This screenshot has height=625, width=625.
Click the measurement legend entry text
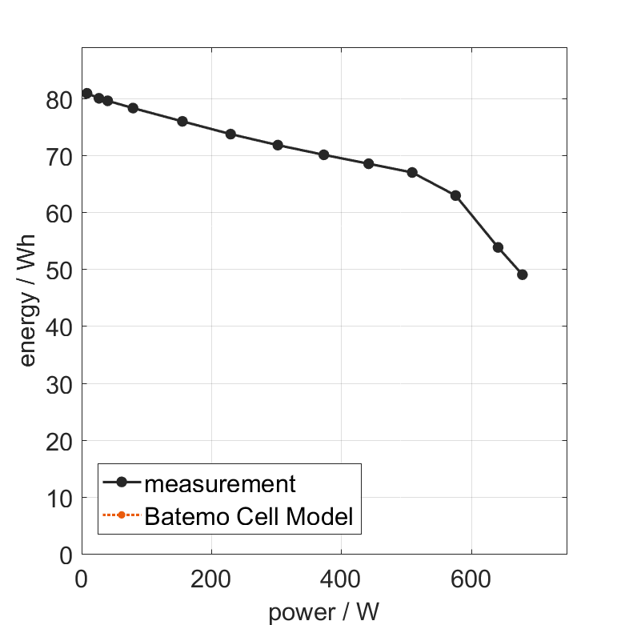pos(220,483)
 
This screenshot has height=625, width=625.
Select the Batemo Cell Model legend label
pos(249,516)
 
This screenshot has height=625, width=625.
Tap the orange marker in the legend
pos(122,515)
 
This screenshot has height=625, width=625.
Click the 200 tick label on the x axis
pos(211,579)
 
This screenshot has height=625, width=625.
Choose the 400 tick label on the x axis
pos(341,579)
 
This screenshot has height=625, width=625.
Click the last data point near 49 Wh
pos(523,274)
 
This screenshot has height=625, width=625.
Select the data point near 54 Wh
pos(498,247)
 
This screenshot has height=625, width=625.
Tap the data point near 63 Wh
pos(455,195)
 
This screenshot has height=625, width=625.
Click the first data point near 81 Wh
pos(86,94)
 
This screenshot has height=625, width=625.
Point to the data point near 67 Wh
pos(412,173)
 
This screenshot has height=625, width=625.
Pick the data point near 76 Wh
pos(182,122)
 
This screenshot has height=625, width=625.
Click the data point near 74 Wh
pos(230,134)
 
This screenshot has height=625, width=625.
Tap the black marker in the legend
pos(122,483)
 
